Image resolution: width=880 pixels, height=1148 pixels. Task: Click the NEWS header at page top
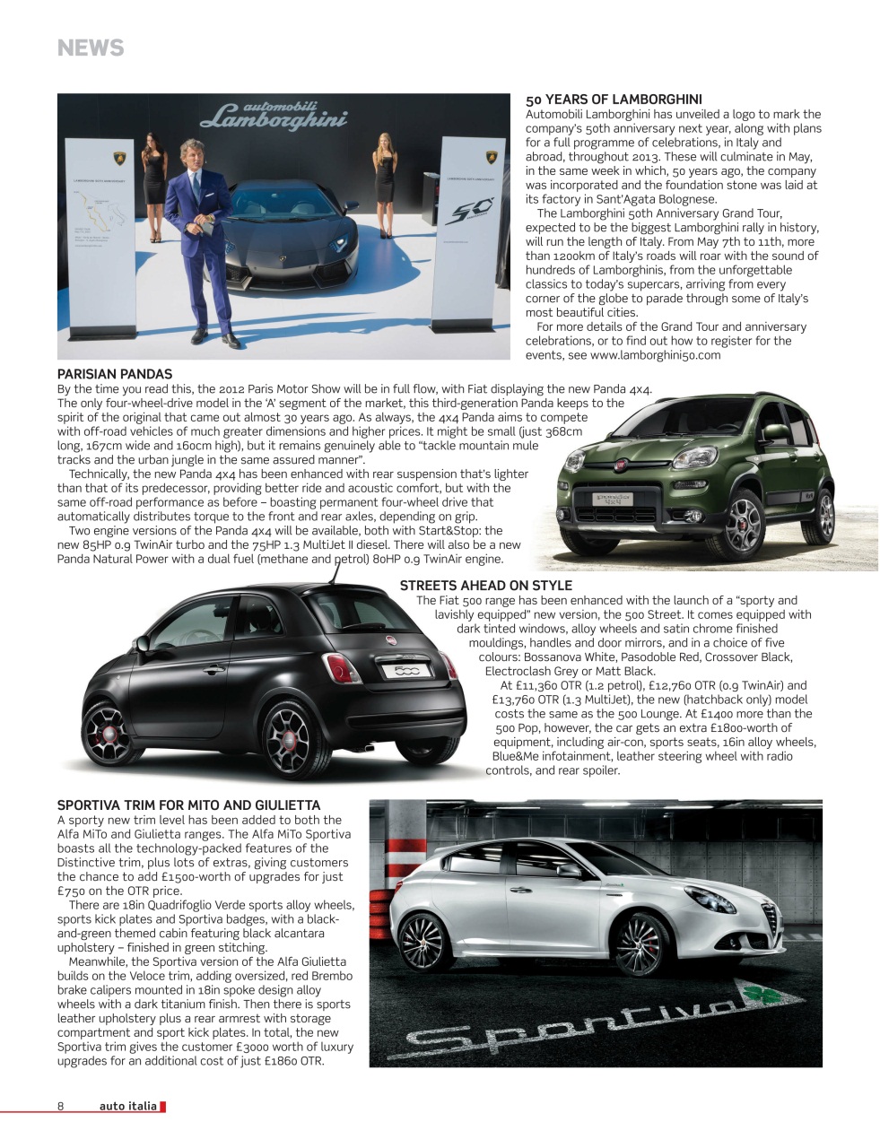tap(91, 48)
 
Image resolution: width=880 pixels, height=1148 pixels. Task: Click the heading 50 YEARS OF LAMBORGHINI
tap(614, 100)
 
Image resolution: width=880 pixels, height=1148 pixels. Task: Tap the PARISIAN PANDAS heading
tap(115, 374)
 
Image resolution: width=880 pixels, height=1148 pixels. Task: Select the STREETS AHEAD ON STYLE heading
tap(485, 586)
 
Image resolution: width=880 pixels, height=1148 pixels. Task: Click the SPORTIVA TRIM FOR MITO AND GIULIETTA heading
tap(188, 805)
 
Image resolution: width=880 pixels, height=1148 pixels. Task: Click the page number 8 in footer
tap(61, 1106)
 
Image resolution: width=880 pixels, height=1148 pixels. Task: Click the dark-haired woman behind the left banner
tap(154, 184)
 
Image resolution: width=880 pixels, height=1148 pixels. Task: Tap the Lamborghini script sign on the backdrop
tap(274, 116)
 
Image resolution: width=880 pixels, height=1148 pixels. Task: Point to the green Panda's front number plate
tap(613, 500)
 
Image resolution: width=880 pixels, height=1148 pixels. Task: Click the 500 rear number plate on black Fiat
tap(406, 671)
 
